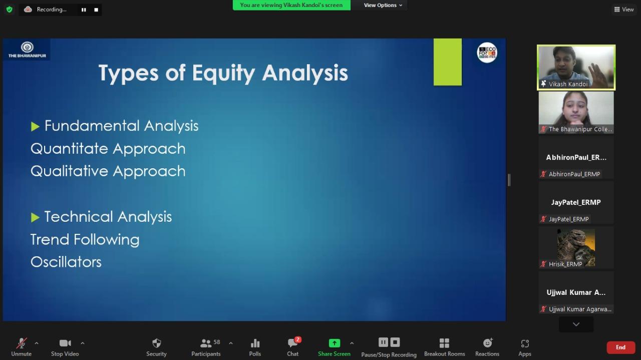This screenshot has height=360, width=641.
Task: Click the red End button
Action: click(x=620, y=347)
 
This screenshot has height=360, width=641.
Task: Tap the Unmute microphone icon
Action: click(x=22, y=343)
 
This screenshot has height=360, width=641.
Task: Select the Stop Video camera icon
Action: click(x=65, y=343)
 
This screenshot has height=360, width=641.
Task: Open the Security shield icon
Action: click(x=157, y=343)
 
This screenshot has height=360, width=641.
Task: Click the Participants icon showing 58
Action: click(x=210, y=343)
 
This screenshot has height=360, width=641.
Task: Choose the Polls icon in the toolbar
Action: click(x=255, y=343)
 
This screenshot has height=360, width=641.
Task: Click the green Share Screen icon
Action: click(x=334, y=343)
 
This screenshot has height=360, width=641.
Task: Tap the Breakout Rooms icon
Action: click(x=444, y=343)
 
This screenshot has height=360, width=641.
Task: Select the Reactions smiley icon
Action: click(x=488, y=342)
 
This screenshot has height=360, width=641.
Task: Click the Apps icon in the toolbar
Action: click(x=525, y=343)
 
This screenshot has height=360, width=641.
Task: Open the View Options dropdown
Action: click(x=383, y=5)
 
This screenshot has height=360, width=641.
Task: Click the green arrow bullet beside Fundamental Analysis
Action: click(x=35, y=127)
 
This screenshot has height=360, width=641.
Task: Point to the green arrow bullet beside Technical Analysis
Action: click(x=35, y=217)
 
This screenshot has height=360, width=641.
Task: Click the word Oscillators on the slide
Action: click(x=66, y=262)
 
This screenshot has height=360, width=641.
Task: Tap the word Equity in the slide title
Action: click(x=223, y=73)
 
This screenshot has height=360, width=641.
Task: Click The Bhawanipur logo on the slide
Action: click(x=27, y=50)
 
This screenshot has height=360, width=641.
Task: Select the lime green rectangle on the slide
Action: click(x=448, y=62)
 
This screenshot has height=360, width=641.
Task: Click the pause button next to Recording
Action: click(x=84, y=10)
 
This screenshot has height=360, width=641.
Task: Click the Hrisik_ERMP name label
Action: click(x=565, y=264)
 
